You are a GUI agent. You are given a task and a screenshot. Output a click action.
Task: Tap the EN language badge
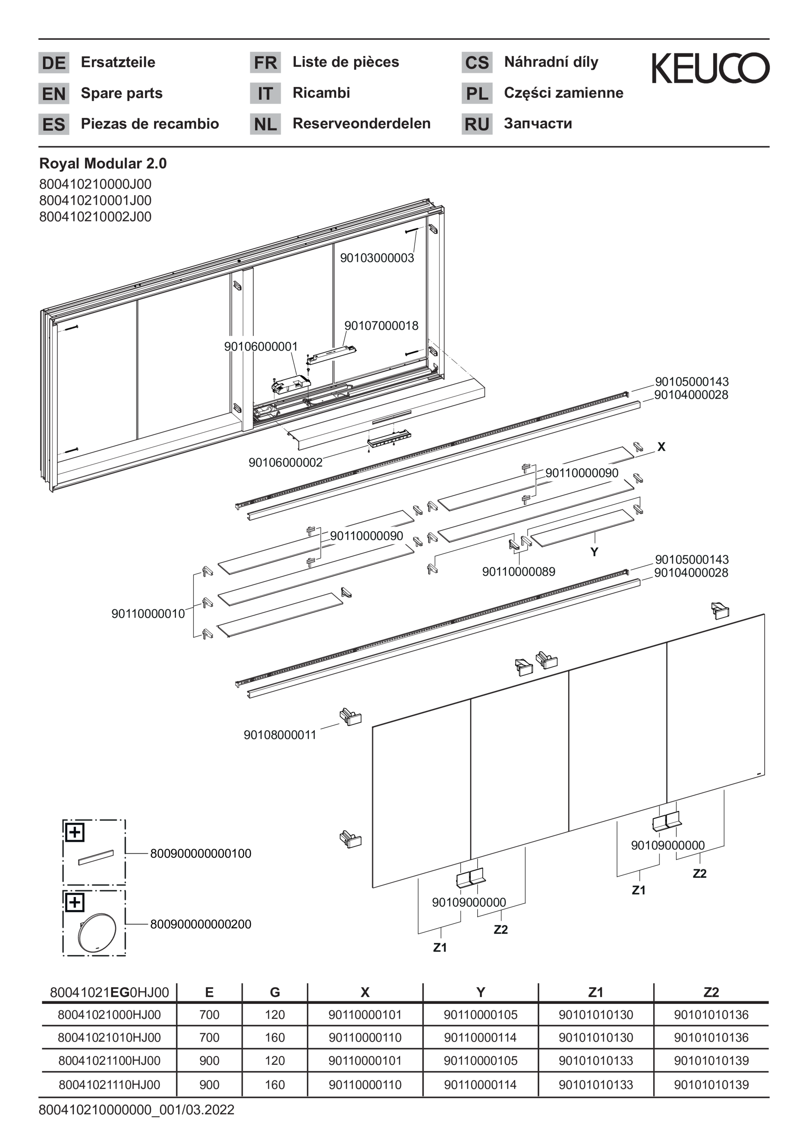coord(54,94)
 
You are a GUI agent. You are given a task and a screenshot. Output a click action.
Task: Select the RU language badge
coord(476,124)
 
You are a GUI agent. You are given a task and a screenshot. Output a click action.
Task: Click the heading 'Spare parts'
coord(122,93)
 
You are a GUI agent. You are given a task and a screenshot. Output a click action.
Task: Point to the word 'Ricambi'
coord(321,93)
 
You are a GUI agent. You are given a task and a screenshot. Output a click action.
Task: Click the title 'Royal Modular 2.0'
coord(103,163)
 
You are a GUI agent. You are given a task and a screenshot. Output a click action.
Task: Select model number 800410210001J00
coord(95,200)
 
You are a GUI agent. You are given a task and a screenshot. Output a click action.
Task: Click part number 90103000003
coord(377,257)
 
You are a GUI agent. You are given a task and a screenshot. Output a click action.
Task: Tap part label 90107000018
coord(381,325)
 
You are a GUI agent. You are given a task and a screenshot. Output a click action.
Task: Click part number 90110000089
coord(518,571)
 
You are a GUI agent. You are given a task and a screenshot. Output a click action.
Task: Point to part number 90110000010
coord(148,613)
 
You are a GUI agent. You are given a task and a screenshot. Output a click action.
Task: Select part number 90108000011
coord(279,735)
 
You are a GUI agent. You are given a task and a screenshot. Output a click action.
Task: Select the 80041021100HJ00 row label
coord(109,1061)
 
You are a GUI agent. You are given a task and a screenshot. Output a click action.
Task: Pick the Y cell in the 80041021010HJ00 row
coord(480,1038)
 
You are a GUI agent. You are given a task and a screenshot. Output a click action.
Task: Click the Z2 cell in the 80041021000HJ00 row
coord(711,1015)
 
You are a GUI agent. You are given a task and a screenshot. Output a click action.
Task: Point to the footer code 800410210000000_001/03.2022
coord(136,1110)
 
